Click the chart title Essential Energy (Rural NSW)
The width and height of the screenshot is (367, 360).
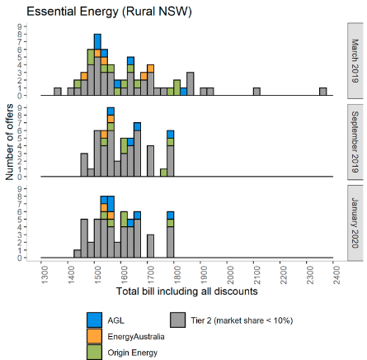pos(109,12)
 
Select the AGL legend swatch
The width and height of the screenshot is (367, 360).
pos(94,320)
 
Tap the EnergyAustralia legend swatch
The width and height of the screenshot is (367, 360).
pos(94,336)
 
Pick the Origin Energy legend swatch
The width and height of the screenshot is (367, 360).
pos(94,352)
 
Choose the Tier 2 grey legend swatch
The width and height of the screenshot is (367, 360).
pos(177,320)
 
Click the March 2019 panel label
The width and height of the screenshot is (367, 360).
pos(355,61)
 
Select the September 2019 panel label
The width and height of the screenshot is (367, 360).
pos(355,142)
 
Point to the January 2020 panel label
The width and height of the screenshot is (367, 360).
pos(355,223)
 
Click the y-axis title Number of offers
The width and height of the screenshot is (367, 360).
pos(9,142)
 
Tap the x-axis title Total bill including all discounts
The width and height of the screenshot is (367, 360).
pos(187,291)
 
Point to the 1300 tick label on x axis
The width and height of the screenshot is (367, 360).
pos(45,275)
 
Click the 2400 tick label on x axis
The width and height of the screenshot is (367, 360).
pos(336,275)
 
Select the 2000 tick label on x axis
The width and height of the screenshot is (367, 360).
pos(230,275)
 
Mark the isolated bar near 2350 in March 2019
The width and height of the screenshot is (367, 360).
pos(323,92)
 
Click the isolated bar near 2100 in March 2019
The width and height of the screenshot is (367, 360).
pos(256,92)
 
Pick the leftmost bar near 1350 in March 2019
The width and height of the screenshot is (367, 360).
pos(58,92)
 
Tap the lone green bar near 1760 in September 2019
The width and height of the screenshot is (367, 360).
pos(164,173)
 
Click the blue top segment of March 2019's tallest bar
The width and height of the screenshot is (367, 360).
pos(97,42)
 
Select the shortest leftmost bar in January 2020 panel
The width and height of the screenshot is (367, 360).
pos(78,253)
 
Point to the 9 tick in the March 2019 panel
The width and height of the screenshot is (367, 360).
pos(20,26)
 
